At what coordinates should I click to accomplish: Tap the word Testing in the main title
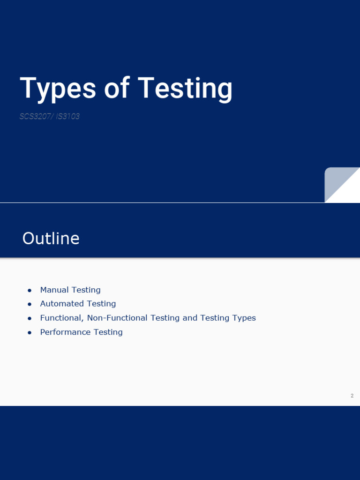[x=185, y=89]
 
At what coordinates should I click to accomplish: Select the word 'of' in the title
[x=117, y=89]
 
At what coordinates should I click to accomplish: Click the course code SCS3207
[x=36, y=116]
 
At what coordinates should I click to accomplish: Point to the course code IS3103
[x=68, y=116]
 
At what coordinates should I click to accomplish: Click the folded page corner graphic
[x=342, y=185]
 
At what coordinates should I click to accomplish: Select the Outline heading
[x=51, y=239]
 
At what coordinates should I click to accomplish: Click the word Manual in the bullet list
[x=54, y=290]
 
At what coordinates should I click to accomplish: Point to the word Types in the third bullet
[x=244, y=318]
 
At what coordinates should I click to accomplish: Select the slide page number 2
[x=352, y=396]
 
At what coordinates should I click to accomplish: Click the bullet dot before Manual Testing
[x=30, y=291]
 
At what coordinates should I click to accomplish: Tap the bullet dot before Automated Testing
[x=30, y=304]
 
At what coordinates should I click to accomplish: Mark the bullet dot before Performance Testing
[x=30, y=332]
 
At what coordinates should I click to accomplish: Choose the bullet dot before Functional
[x=30, y=318]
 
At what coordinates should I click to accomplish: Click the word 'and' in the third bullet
[x=190, y=318]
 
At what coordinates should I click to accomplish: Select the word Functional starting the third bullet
[x=61, y=318]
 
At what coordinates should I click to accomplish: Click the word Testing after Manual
[x=86, y=290]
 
